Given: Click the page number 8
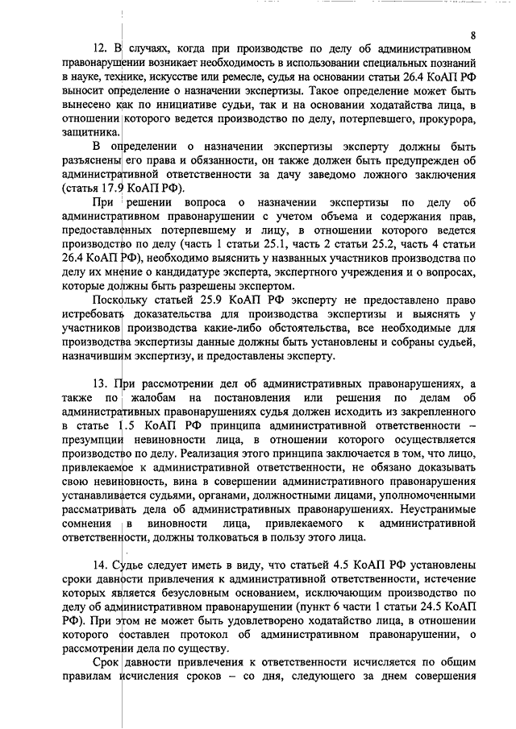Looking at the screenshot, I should pyautogui.click(x=473, y=35).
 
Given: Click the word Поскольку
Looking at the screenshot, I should pyautogui.click(x=119, y=300).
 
